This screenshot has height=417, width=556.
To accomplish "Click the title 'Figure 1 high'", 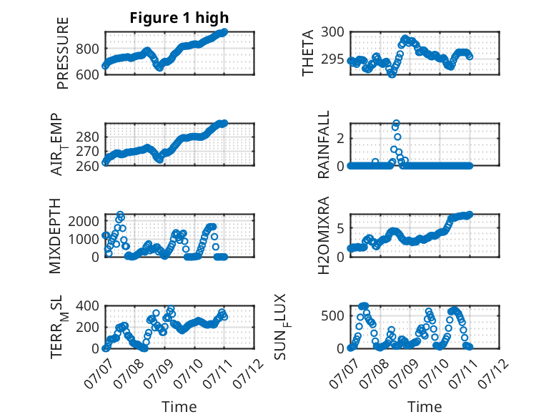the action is pos(179,18).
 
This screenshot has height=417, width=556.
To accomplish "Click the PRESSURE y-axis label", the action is pos(62,53).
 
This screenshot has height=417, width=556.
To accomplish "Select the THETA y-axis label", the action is pos(308,53).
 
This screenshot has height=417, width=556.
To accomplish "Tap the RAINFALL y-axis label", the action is pos(324,144).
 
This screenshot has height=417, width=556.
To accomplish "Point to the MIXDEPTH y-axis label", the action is pos(55,236).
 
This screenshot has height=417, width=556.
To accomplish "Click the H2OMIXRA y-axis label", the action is pos(324,235).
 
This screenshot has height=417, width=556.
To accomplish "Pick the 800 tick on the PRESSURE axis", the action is pos(87,49).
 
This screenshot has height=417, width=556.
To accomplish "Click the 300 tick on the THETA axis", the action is pos(332,32).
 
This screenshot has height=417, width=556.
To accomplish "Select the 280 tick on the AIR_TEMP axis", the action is pos(87,137).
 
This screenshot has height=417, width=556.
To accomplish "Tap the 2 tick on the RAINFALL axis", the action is pos(340,138).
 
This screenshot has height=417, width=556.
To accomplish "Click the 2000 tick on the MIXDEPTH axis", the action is pos(84,221).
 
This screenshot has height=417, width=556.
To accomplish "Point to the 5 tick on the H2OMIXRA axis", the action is pos(340,228).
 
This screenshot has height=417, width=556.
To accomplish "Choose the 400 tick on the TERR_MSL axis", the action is pos(87,305).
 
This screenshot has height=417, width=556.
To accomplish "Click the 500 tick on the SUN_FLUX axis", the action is pos(332,315).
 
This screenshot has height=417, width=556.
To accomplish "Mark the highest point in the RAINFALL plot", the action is pos(397,123).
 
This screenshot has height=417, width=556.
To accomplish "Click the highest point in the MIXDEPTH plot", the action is pos(120,215).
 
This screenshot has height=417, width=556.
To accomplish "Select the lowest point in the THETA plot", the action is pos(392,74).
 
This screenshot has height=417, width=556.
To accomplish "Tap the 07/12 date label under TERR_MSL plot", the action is pos(249,373).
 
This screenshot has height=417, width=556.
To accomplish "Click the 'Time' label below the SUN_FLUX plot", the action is pos(425,407).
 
